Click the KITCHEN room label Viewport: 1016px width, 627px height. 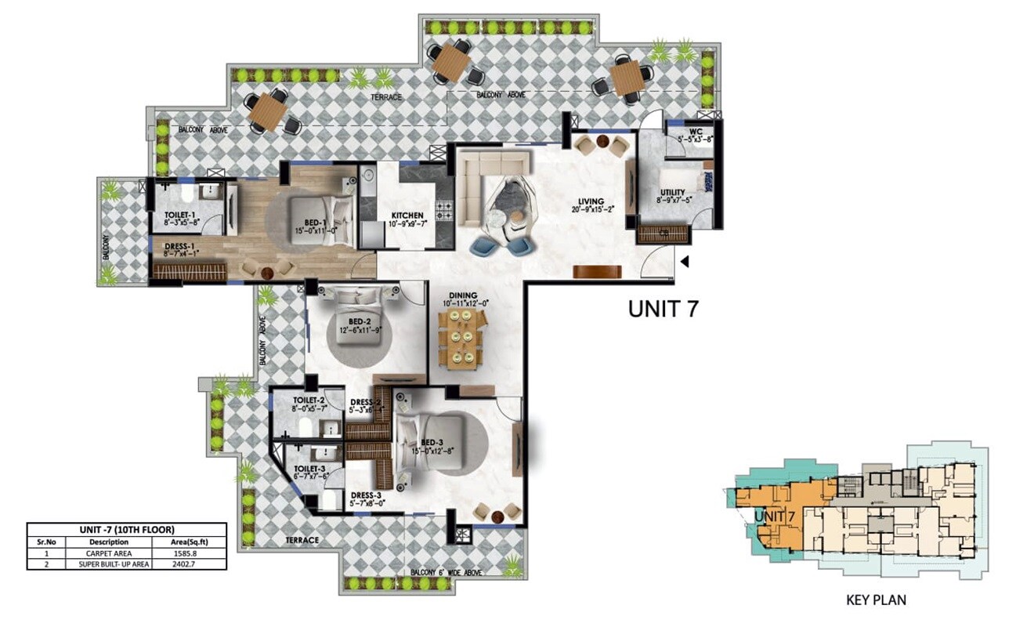407,216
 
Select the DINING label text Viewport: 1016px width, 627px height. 462,295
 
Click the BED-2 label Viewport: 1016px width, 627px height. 360,321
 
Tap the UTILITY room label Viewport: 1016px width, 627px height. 672,193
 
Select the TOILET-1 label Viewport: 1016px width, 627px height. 183,215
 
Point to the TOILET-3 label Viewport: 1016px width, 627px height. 300,468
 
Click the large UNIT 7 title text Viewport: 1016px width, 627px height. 663,309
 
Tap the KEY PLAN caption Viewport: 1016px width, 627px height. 876,600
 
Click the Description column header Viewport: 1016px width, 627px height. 108,541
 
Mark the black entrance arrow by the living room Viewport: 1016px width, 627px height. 685,262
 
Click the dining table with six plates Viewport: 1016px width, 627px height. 463,336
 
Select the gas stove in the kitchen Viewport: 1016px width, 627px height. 444,211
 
